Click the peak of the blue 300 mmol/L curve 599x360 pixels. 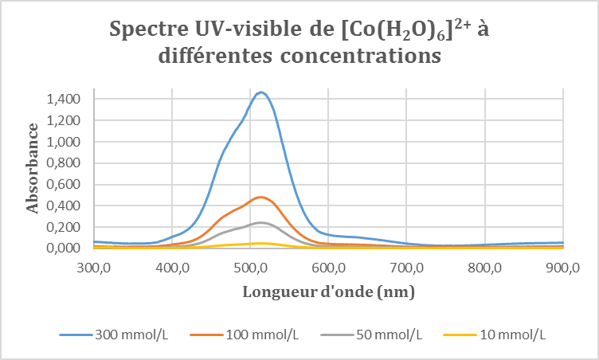[x=260, y=92]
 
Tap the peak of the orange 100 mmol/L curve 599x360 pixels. [x=260, y=197]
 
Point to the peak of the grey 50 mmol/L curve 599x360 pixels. [x=260, y=222]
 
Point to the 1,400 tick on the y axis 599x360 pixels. [x=64, y=100]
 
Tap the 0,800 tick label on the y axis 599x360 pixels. [x=64, y=163]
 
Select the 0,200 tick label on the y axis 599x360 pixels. [x=64, y=227]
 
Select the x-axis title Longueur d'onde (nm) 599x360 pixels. [x=328, y=292]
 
